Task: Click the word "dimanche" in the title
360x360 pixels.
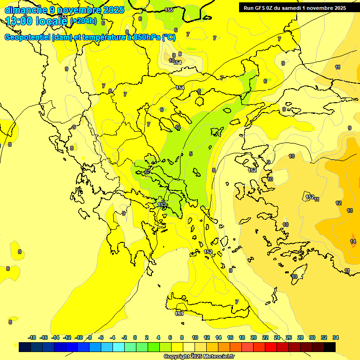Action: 26,9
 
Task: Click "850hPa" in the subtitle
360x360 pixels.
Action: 145,37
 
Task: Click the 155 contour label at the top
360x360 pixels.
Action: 169,10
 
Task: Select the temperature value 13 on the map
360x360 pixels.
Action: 349,210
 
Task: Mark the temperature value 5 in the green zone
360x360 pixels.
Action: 191,154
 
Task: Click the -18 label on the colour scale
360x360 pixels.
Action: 32,337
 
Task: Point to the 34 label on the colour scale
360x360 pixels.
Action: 336,337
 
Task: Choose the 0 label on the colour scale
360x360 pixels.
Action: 135,337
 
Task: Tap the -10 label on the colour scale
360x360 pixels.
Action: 79,337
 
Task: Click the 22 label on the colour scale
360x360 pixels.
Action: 265,337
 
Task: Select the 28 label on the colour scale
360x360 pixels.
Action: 300,337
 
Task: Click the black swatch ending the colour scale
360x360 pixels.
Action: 330,347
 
